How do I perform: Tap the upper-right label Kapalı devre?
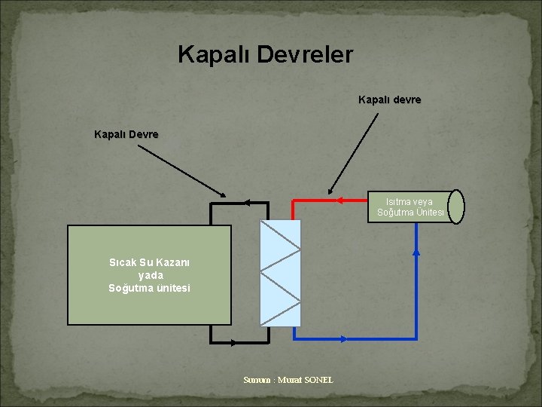tap(389, 99)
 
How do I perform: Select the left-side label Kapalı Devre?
tap(126, 135)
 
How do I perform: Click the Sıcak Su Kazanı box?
tap(149, 275)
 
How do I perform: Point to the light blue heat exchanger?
tap(279, 273)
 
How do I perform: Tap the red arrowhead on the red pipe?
tap(340, 200)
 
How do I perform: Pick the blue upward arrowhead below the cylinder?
tap(416, 252)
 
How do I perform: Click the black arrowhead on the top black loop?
tap(246, 202)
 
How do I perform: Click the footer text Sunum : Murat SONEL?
tap(288, 380)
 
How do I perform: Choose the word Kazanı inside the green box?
tap(175, 263)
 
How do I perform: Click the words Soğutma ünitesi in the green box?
tap(149, 288)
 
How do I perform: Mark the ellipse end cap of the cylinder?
tap(455, 207)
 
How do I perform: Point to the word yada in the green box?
tap(151, 275)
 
